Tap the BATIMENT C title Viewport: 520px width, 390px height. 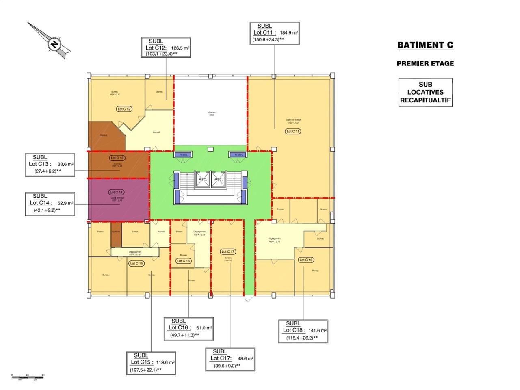(425, 45)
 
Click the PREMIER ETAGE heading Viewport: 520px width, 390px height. (425, 63)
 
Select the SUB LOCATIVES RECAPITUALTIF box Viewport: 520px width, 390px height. (425, 93)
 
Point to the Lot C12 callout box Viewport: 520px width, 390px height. (166, 48)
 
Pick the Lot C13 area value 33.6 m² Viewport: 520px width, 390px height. (65, 165)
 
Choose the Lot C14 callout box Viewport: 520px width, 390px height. (50, 203)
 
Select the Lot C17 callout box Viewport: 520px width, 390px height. (230, 359)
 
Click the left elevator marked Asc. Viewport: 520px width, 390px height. (203, 179)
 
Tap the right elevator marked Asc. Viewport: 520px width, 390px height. (218, 179)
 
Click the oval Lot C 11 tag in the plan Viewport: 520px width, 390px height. (293, 131)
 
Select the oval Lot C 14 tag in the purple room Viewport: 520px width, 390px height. (117, 192)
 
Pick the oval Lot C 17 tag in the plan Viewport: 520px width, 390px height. (228, 251)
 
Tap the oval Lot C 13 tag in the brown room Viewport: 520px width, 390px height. (117, 158)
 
